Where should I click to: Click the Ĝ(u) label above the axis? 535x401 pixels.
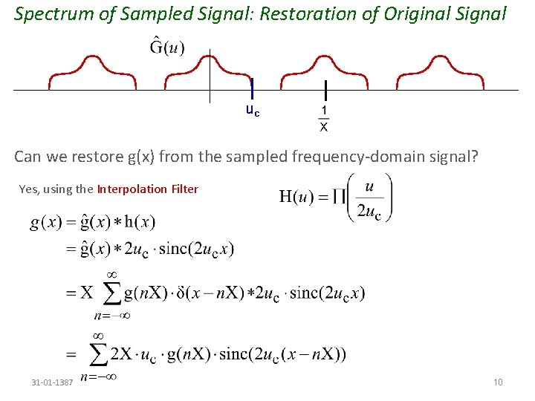point(167,47)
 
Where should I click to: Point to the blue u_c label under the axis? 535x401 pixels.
point(253,111)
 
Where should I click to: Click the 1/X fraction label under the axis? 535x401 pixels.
point(324,119)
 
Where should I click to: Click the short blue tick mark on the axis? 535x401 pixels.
point(252,88)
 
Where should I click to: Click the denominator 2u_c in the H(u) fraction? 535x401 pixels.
point(369,211)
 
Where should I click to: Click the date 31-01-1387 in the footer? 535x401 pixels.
point(52,382)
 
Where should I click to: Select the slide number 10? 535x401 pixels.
point(498,382)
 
